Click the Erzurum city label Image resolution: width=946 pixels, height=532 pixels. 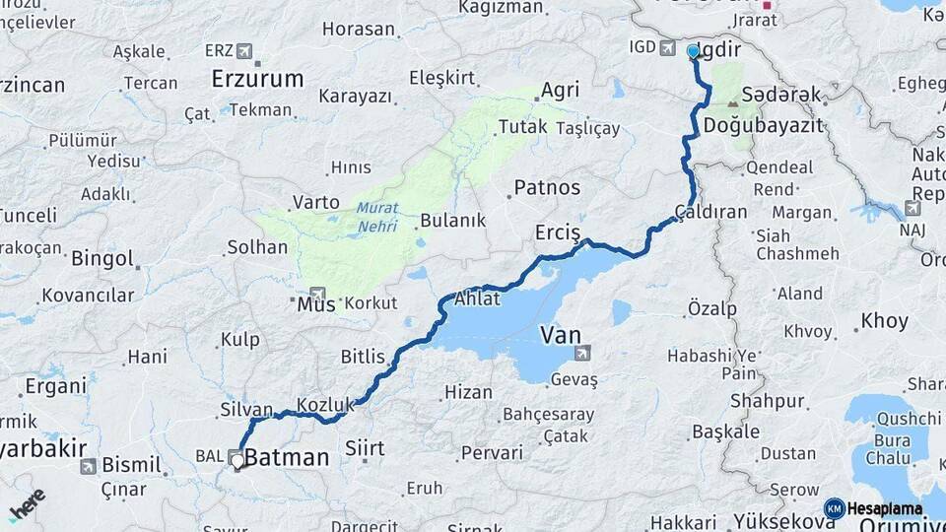point(257,79)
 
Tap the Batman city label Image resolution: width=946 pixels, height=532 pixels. point(286,457)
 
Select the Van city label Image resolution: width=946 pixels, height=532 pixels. point(559,335)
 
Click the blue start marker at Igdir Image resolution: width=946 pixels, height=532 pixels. point(693,52)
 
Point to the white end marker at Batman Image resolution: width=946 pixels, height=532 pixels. point(237,460)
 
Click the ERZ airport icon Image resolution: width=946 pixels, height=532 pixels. point(243,51)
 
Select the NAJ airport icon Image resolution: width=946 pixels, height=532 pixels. point(913,209)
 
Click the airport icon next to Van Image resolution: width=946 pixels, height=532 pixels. point(584,352)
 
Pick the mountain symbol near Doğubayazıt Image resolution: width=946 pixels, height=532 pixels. point(732,102)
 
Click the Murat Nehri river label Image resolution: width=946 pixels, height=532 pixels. point(376,218)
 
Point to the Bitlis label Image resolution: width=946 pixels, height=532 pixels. point(362,357)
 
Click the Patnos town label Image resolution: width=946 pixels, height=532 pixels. point(547,187)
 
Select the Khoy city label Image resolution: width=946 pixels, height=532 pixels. point(884,321)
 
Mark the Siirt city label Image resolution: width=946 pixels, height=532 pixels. point(364,449)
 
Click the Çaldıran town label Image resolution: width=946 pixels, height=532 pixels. point(710,212)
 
